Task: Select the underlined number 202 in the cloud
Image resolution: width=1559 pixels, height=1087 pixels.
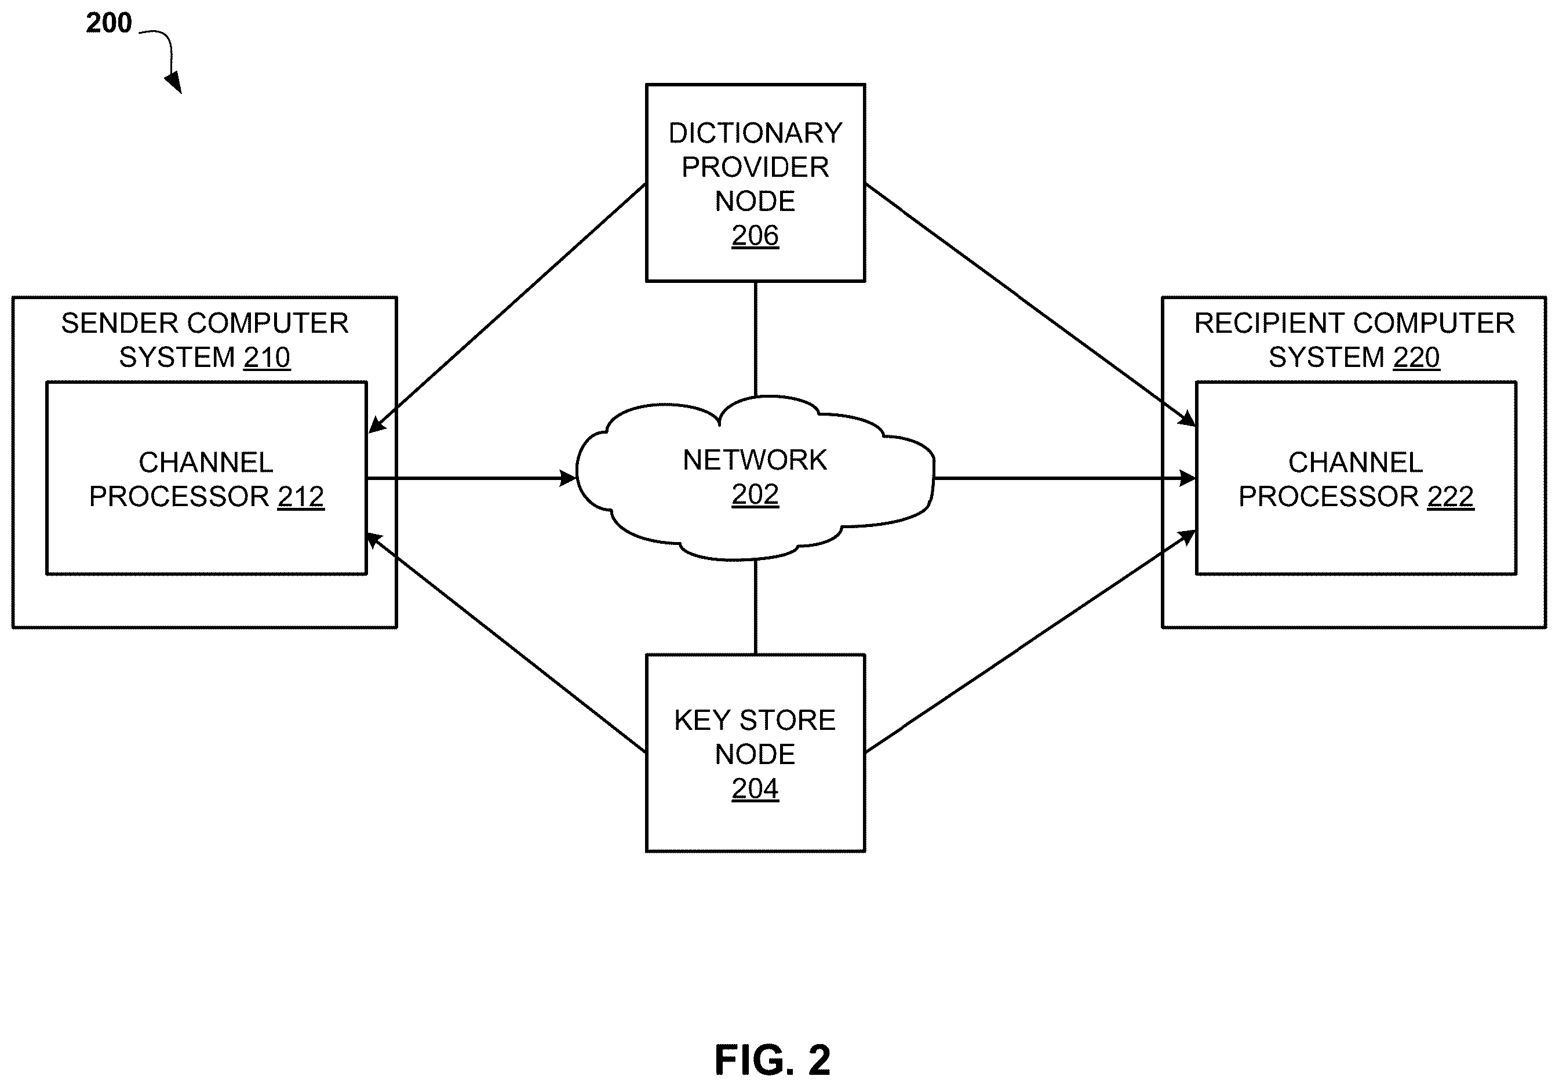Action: [755, 495]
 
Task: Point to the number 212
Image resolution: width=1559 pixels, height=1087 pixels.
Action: [301, 497]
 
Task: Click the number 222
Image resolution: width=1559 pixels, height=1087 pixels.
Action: [1451, 497]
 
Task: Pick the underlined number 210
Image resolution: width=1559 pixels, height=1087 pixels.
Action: [267, 357]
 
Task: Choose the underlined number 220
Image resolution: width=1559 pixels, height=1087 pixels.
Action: [1416, 357]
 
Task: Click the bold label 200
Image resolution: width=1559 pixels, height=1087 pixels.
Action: [108, 23]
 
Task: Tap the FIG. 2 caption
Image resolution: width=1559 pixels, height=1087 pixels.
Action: [772, 1060]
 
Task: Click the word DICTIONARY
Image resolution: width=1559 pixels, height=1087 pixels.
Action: [755, 133]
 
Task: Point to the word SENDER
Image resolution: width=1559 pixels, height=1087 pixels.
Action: [107, 323]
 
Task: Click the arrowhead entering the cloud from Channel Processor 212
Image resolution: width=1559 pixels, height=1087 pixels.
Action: [567, 478]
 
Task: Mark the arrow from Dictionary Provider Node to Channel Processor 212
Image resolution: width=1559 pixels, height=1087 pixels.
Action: [507, 308]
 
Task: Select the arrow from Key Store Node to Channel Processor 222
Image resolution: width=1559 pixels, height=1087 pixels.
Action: [1030, 641]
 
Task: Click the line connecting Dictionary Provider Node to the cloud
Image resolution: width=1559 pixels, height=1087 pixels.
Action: [756, 339]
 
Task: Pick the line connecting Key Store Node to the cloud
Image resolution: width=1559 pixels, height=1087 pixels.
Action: [756, 606]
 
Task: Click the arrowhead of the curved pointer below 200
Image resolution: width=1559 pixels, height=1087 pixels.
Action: [174, 83]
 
